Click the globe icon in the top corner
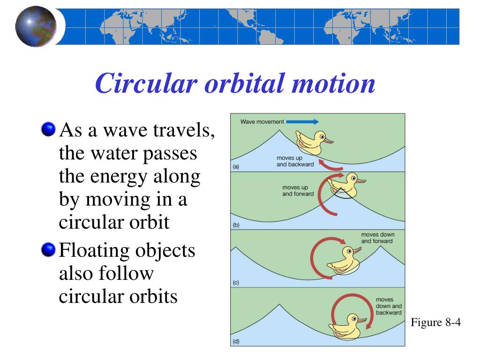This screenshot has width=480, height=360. click(36, 27)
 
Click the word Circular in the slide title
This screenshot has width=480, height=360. click(146, 83)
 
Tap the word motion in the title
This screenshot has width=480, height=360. click(333, 83)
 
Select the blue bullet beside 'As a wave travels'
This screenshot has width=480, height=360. click(48, 129)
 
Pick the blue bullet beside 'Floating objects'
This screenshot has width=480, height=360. click(48, 249)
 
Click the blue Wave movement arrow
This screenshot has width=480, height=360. click(302, 122)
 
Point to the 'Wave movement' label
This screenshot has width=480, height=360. click(262, 122)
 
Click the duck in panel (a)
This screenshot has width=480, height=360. click(313, 142)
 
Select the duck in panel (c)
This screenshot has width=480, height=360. click(344, 260)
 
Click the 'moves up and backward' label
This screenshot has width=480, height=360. click(295, 161)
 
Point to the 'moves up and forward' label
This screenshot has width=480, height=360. click(298, 190)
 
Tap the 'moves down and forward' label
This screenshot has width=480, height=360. click(377, 238)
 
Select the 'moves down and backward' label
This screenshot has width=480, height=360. click(389, 306)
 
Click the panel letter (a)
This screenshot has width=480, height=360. click(236, 166)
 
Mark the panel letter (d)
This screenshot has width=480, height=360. click(236, 341)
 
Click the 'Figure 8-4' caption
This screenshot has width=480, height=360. click(435, 322)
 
